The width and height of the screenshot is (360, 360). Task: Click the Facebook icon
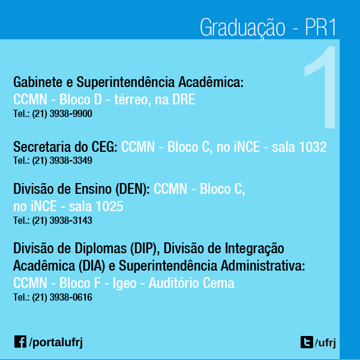click(20, 341)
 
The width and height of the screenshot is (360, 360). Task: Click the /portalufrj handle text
click(56, 343)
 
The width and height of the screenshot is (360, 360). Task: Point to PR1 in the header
click(320, 27)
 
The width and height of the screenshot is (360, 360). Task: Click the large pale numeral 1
click(320, 87)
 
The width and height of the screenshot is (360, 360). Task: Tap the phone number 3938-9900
click(71, 113)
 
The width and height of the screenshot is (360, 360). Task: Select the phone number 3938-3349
click(71, 160)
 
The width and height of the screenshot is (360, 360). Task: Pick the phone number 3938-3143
click(71, 220)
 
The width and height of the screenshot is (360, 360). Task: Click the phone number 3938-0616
click(71, 298)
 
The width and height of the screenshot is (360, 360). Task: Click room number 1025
click(110, 206)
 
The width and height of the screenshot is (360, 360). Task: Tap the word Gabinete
click(38, 82)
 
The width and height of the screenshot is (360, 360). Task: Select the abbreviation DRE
click(184, 100)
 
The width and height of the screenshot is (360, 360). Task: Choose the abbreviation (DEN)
click(133, 189)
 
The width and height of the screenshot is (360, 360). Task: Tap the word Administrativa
click(263, 266)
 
